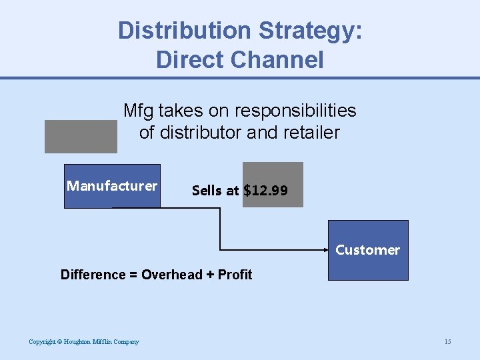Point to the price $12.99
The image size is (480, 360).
(x=266, y=191)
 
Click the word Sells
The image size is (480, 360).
(x=207, y=191)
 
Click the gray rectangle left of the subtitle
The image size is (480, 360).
(x=81, y=137)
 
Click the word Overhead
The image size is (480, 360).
(x=172, y=275)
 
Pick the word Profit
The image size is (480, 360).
(x=235, y=275)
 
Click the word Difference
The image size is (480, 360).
(x=93, y=275)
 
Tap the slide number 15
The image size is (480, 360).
(x=447, y=342)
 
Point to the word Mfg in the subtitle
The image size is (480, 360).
(x=138, y=110)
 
